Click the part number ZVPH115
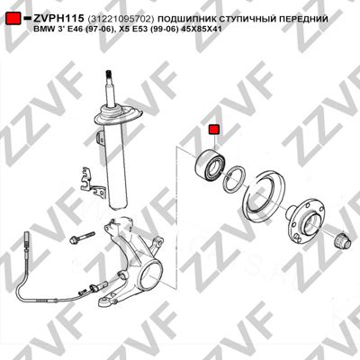[58, 19]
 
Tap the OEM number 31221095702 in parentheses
[121, 19]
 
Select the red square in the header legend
[13, 19]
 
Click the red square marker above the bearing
[214, 130]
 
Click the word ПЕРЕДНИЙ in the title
[303, 19]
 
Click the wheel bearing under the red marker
[209, 166]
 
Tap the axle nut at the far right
[343, 239]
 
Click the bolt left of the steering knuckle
[82, 237]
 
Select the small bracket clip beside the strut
[92, 183]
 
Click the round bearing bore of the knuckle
[152, 274]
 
